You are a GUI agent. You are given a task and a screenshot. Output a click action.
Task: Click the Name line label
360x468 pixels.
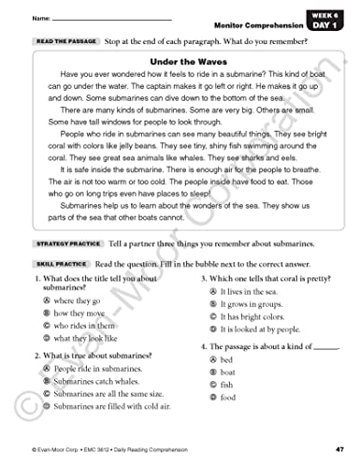[41, 19]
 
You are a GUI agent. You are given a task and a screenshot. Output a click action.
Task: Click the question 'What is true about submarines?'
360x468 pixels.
[92, 356]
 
